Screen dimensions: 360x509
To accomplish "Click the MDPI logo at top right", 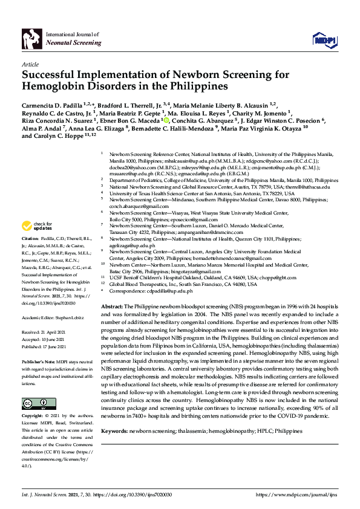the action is [324, 40].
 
